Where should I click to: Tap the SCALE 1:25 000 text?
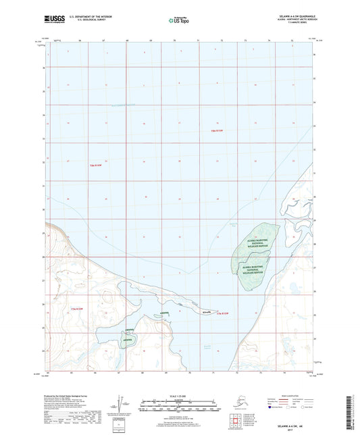(x=178, y=394)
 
